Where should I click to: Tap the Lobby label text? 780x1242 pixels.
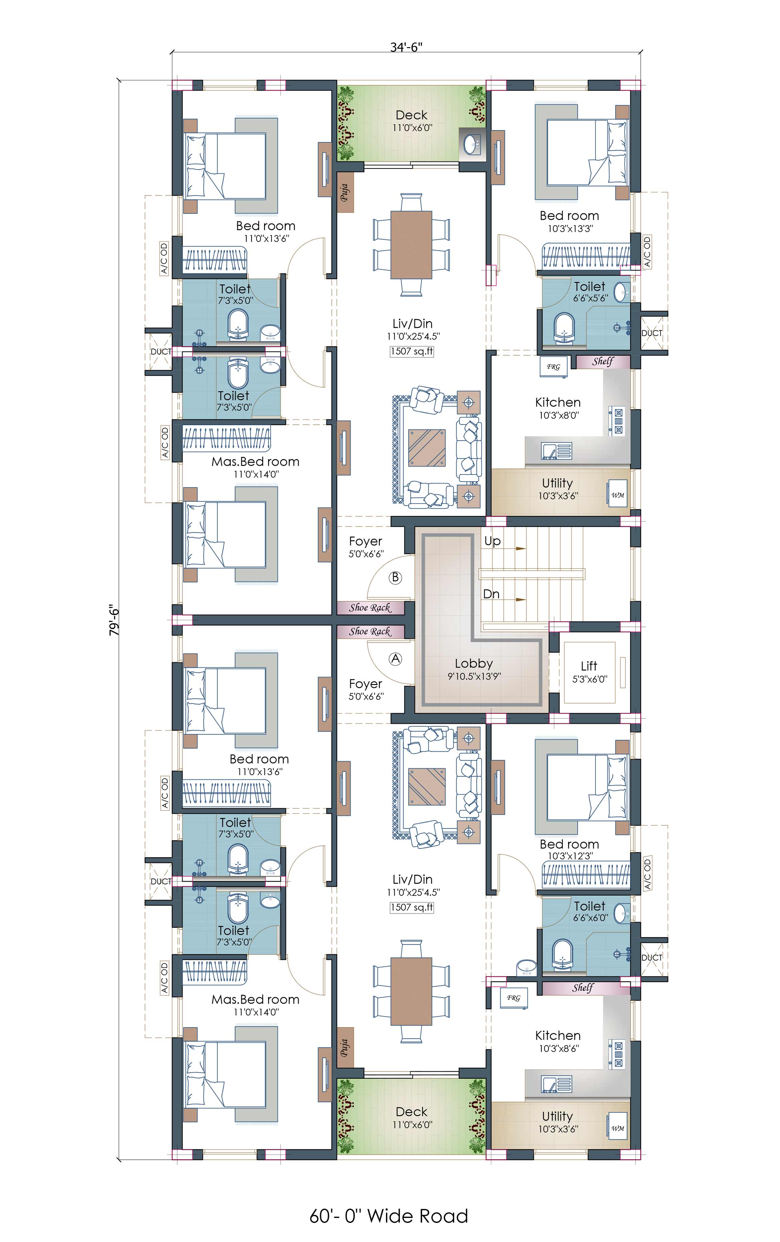474,664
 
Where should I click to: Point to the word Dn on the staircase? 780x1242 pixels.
491,594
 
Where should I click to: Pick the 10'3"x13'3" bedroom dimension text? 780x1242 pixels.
570,229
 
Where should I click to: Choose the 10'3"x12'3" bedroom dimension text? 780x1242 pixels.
570,856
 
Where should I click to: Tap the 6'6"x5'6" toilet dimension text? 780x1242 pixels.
591,298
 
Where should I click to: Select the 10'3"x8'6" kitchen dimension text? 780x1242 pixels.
559,1048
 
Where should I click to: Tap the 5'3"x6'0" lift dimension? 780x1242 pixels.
590,679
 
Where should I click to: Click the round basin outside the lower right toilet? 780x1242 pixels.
527,968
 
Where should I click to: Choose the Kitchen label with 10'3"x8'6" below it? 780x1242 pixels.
558,1035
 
